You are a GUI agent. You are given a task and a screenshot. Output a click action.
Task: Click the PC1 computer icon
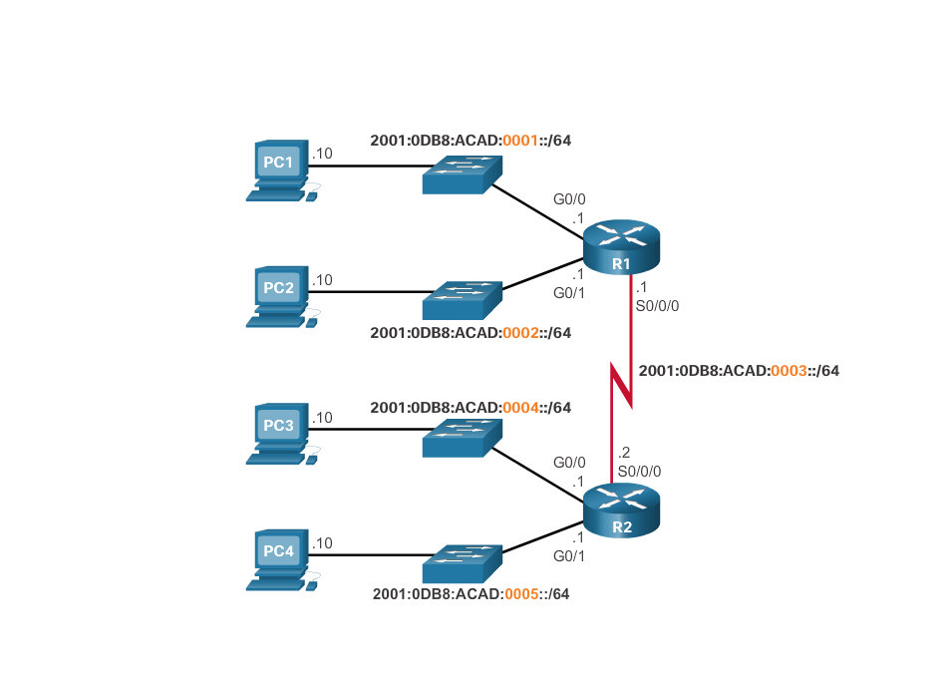pyautogui.click(x=278, y=170)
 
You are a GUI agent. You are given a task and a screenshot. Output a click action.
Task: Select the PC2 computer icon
pyautogui.click(x=278, y=296)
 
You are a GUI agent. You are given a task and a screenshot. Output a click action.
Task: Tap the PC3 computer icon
pyautogui.click(x=278, y=434)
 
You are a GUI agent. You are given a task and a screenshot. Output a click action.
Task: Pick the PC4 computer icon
pyautogui.click(x=278, y=559)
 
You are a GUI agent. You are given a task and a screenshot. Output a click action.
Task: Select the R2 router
pyautogui.click(x=621, y=509)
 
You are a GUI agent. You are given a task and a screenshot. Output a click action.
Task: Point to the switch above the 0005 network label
pyautogui.click(x=462, y=563)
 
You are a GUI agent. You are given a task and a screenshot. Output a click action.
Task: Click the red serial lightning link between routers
pyautogui.click(x=622, y=384)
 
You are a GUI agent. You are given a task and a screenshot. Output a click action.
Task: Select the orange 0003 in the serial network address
pyautogui.click(x=788, y=371)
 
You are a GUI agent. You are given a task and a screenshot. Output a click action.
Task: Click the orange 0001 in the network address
pyautogui.click(x=520, y=141)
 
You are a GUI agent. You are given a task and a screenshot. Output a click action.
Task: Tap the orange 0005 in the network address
pyautogui.click(x=522, y=594)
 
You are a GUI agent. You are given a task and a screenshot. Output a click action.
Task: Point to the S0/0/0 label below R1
pyautogui.click(x=657, y=306)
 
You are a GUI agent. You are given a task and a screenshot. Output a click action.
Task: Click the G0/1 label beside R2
pyautogui.click(x=569, y=555)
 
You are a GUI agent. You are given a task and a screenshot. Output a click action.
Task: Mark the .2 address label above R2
pyautogui.click(x=624, y=453)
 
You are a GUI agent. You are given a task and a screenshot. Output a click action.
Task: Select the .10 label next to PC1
pyautogui.click(x=322, y=154)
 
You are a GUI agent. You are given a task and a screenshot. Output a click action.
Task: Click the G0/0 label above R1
pyautogui.click(x=569, y=199)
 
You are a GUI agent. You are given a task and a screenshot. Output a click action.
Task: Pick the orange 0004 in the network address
pyautogui.click(x=520, y=408)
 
